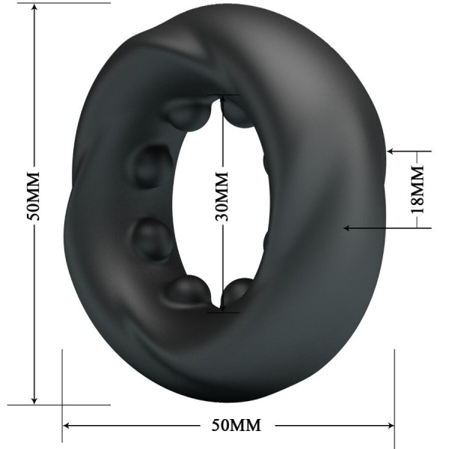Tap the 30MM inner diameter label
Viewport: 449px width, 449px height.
coord(222,197)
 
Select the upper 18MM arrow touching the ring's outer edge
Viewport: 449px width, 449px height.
coord(391,151)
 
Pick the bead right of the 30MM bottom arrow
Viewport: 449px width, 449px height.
coord(240,291)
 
